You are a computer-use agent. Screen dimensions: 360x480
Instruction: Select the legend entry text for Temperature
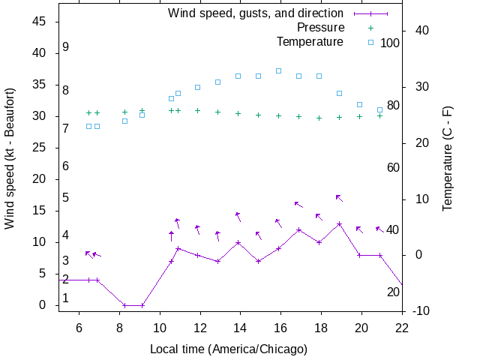[310, 40]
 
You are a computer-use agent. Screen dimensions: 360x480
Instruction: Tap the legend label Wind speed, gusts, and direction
[256, 13]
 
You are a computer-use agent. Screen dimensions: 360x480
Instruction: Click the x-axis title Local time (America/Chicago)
[229, 349]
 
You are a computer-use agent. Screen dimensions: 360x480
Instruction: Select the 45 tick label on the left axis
[40, 22]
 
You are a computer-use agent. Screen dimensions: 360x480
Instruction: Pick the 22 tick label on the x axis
[402, 327]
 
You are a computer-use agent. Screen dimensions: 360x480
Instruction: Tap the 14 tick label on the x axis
[241, 327]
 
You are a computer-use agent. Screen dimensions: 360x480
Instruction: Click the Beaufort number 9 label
[66, 47]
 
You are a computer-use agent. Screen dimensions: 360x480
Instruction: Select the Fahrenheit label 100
[390, 43]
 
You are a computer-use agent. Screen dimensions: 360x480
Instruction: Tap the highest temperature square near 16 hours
[278, 70]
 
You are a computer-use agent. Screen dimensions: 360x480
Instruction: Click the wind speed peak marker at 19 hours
[339, 223]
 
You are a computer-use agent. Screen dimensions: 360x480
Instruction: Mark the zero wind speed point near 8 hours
[124, 305]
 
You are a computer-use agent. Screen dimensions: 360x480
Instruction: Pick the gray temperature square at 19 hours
[339, 93]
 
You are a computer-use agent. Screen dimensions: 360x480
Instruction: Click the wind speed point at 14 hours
[238, 242]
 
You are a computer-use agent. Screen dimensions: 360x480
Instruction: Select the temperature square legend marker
[370, 41]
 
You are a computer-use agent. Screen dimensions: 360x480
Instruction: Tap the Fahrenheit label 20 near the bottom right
[393, 292]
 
